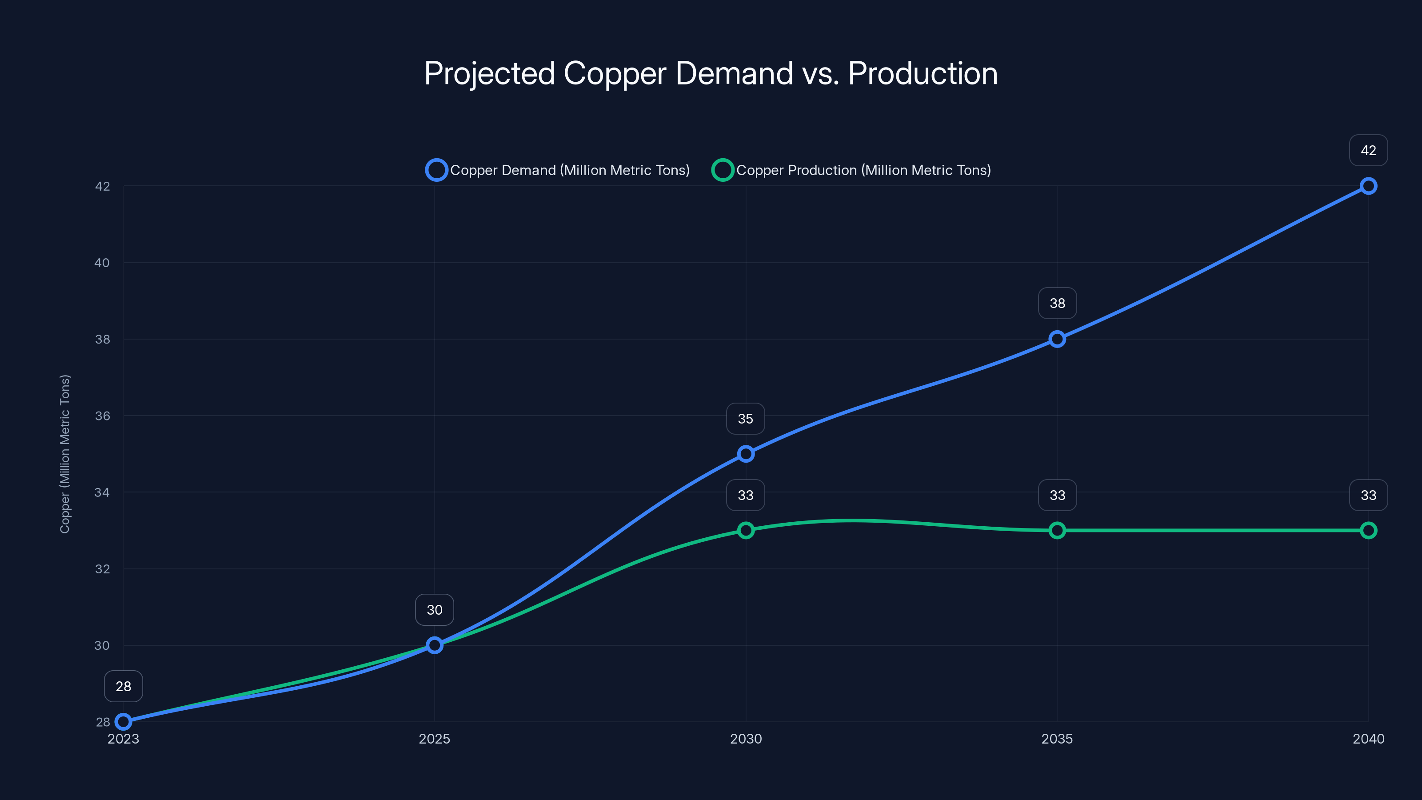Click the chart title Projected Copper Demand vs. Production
click(711, 73)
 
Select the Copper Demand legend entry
click(558, 170)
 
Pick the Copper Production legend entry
click(852, 170)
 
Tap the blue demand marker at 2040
click(1368, 186)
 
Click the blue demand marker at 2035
click(1057, 339)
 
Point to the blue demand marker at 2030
click(746, 454)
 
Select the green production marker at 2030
click(746, 530)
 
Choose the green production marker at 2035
click(1057, 530)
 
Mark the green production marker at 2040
click(1368, 530)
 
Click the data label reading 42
click(1368, 150)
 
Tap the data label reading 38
click(1057, 303)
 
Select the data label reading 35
click(745, 419)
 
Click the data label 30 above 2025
click(435, 609)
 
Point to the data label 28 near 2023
click(123, 686)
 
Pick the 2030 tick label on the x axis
click(746, 739)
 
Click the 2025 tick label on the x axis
click(435, 739)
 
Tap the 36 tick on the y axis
click(102, 416)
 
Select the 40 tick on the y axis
click(102, 263)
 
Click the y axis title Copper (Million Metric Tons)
click(64, 454)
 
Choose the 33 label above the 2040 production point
click(1368, 495)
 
